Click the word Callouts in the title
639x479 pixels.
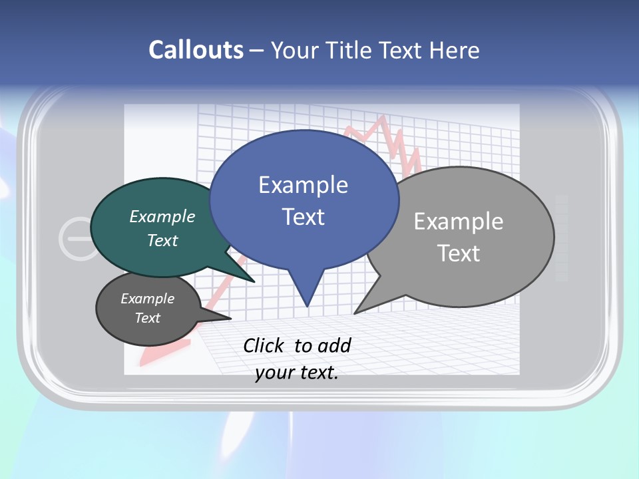click(196, 51)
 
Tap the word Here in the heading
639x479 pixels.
click(455, 51)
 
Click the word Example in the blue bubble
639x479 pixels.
click(303, 184)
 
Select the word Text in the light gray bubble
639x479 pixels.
click(459, 253)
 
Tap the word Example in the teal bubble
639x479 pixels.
click(162, 216)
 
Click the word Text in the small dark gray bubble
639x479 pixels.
click(148, 318)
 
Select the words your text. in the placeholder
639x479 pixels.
click(297, 373)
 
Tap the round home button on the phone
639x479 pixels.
click(79, 238)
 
